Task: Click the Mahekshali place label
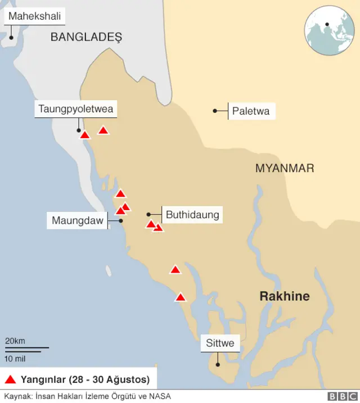pyautogui.click(x=34, y=16)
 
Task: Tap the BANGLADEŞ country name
pyautogui.click(x=86, y=37)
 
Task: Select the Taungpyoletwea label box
pyautogui.click(x=76, y=108)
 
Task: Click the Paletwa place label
pyautogui.click(x=250, y=111)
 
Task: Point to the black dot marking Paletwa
pyautogui.click(x=215, y=111)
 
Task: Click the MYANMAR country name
pyautogui.click(x=285, y=168)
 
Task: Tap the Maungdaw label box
pyautogui.click(x=78, y=220)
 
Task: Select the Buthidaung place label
pyautogui.click(x=192, y=214)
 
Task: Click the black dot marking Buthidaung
pyautogui.click(x=148, y=214)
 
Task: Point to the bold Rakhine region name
pyautogui.click(x=284, y=296)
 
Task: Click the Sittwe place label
pyautogui.click(x=220, y=343)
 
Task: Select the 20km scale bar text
pyautogui.click(x=15, y=341)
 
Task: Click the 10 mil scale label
pyautogui.click(x=15, y=358)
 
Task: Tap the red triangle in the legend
pyautogui.click(x=11, y=379)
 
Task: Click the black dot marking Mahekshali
pyautogui.click(x=11, y=37)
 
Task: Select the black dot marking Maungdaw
pyautogui.click(x=120, y=221)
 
